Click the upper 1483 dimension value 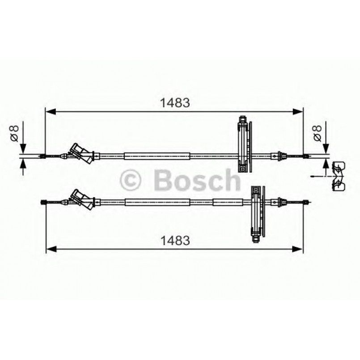pos(175,102)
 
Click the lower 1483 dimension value pos(175,240)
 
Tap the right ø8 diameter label pos(317,133)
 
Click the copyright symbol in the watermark pos(131,180)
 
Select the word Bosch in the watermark pos(197,180)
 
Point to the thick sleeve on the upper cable pos(157,156)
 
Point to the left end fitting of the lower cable pos(44,203)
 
